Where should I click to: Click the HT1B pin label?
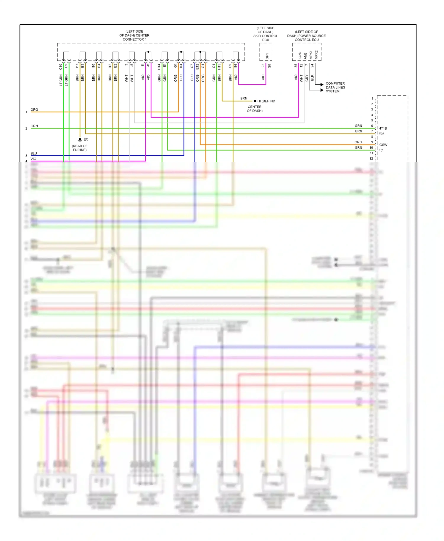coord(382,128)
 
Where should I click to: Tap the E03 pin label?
coord(381,134)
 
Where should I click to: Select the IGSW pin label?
coord(383,145)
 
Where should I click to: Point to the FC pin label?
coord(381,150)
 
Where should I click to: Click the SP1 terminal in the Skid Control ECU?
coord(267,56)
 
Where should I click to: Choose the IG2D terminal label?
coord(300,55)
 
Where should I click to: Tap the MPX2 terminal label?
coord(316,55)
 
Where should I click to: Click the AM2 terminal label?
coord(305,56)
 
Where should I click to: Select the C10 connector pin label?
coord(61,67)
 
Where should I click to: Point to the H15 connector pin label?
coord(219,67)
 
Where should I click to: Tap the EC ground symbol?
coord(80,139)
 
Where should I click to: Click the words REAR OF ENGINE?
coord(80,148)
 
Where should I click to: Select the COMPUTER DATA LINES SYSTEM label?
coord(335,87)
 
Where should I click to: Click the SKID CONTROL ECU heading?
coord(266,34)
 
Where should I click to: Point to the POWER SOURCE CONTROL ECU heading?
coord(306,36)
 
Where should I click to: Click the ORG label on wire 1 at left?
coord(34,110)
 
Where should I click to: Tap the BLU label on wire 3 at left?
coord(34,153)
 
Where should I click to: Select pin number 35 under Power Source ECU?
coord(296,66)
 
